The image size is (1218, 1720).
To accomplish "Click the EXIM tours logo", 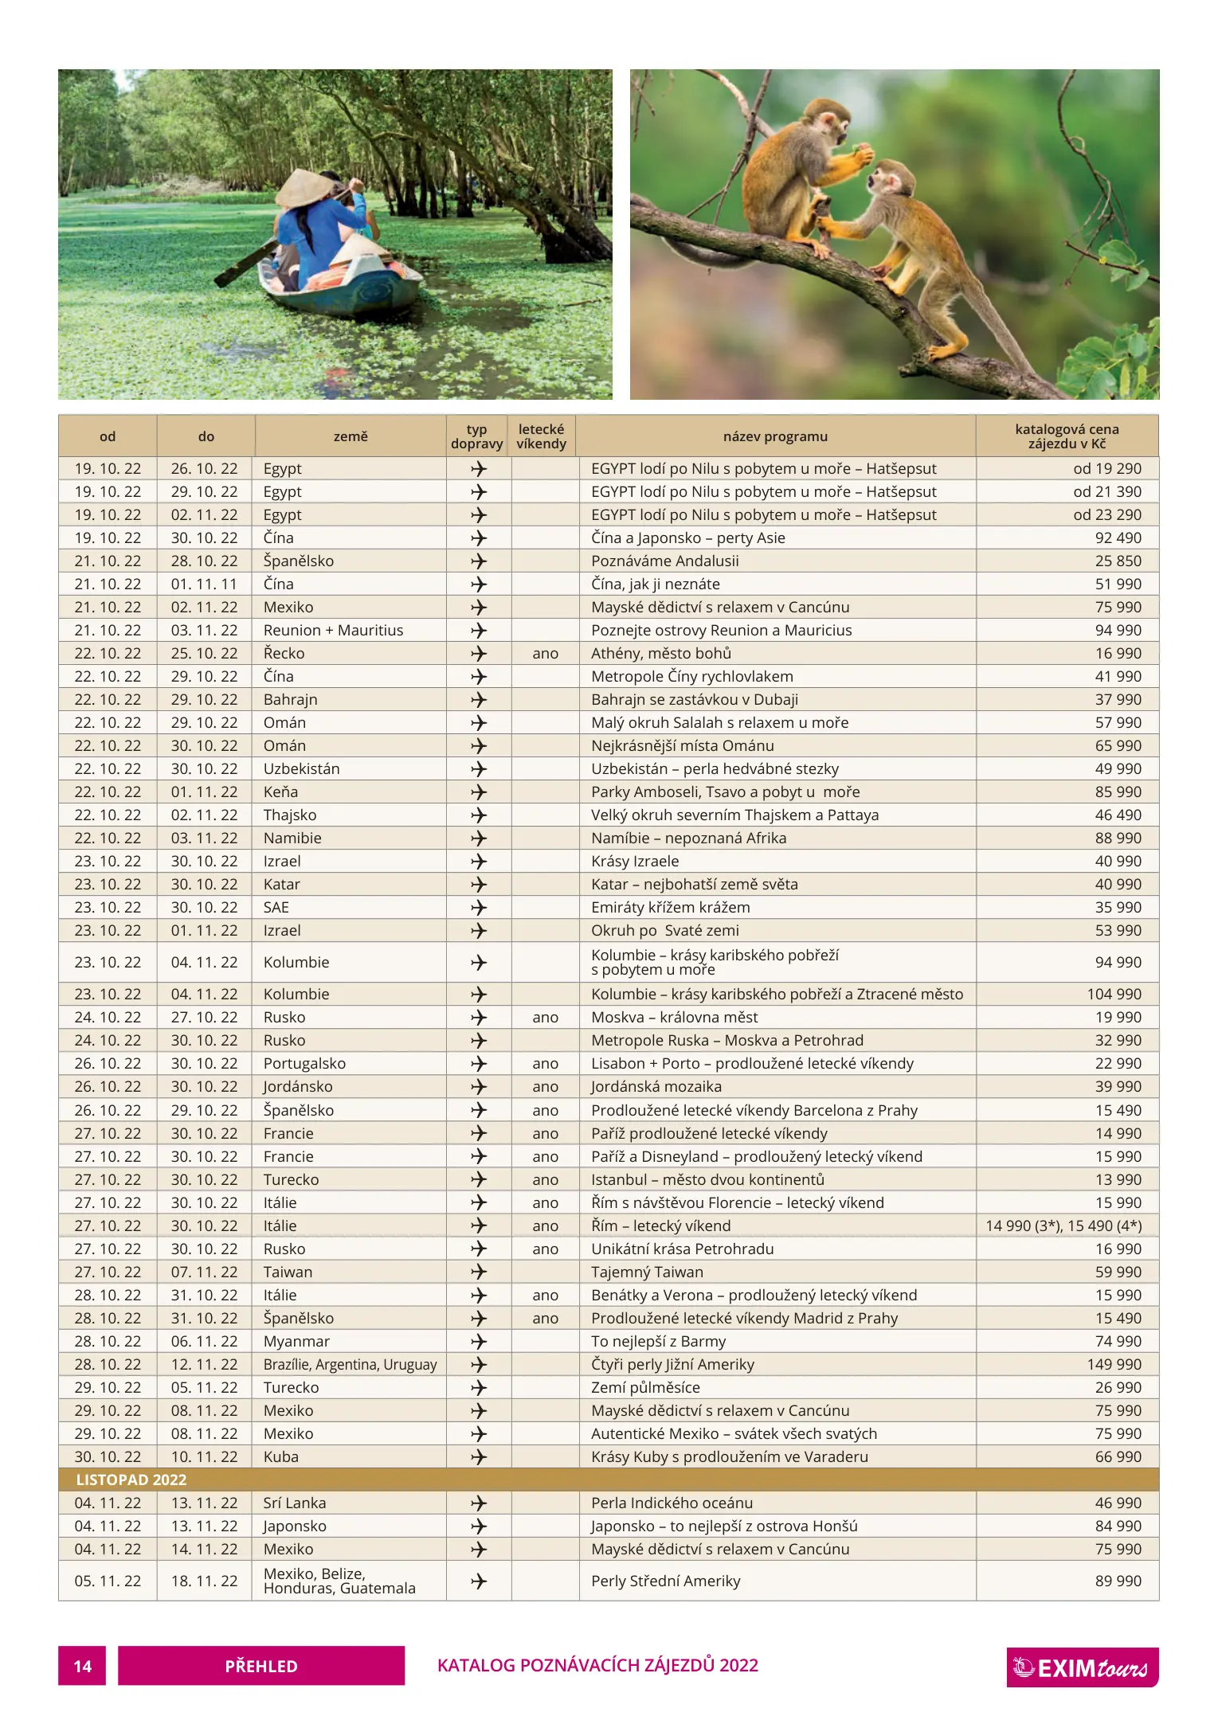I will (1082, 1667).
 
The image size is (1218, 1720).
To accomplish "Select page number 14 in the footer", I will (82, 1666).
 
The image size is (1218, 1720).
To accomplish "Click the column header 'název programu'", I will (775, 436).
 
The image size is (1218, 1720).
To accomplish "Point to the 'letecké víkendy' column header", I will (541, 436).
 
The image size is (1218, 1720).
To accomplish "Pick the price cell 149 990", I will (1114, 1364).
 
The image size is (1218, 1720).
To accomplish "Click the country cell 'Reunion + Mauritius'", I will (333, 630).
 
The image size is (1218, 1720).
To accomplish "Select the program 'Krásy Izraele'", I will (635, 861).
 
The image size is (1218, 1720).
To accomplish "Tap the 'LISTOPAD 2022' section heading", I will (131, 1480).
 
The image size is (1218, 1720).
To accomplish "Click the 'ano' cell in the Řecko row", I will (545, 653).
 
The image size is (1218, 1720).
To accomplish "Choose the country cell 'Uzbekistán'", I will (301, 768).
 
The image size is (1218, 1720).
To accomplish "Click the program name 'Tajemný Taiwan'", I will (647, 1272).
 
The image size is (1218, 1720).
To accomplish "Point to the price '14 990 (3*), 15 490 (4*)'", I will (1063, 1225).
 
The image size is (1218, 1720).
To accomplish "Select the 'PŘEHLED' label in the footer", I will (261, 1666).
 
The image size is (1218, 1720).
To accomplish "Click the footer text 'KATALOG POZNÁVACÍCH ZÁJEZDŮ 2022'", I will (597, 1665).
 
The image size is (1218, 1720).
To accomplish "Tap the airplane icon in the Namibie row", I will (478, 838).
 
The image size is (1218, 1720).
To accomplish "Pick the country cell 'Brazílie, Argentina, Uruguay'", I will (350, 1364).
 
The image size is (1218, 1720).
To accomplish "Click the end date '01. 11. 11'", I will (204, 584).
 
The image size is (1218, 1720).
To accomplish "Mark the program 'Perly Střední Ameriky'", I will (665, 1581).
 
